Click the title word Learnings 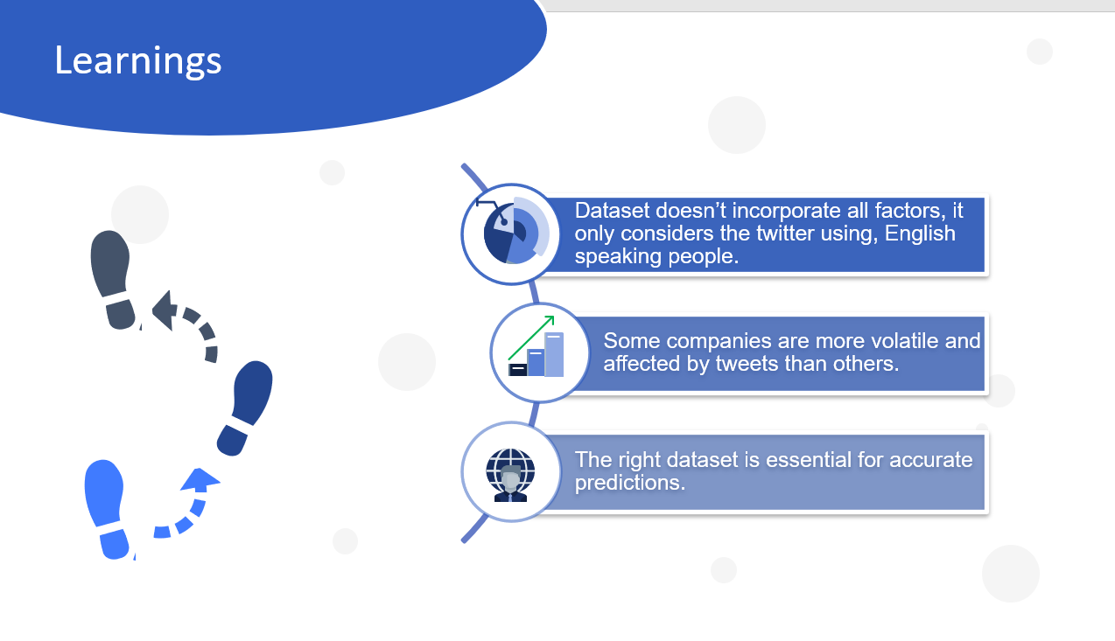pos(138,60)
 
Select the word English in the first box pos(920,234)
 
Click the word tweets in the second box pos(745,364)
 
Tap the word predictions pos(629,483)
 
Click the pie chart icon pos(515,231)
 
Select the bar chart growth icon pos(536,346)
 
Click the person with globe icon pos(510,475)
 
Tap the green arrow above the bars pos(531,338)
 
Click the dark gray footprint pos(113,279)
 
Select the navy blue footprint pos(245,408)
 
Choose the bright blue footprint pos(106,509)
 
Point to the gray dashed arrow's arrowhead pos(165,310)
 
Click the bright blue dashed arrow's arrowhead pos(200,479)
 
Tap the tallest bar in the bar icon pos(554,354)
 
